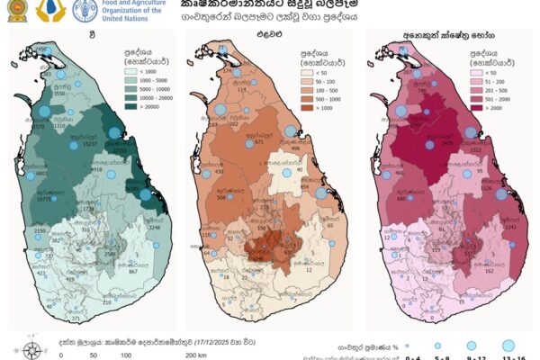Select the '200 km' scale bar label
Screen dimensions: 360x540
pos(195,355)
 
